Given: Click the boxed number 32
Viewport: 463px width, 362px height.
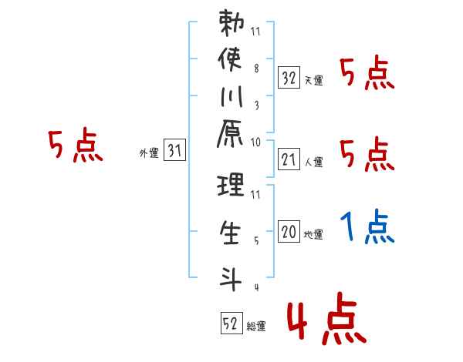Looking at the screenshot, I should [289, 78].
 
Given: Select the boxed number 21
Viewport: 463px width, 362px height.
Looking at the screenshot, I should [289, 159].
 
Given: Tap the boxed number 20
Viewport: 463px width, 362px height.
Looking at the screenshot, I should [289, 233].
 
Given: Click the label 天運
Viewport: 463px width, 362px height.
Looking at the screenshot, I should [313, 80].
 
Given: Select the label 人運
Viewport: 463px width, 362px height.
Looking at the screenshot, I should [313, 162].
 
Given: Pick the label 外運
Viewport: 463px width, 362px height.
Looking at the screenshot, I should [149, 153].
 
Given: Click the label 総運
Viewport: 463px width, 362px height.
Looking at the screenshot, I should [256, 326].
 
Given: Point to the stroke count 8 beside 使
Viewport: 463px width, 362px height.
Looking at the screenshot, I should [256, 67].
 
